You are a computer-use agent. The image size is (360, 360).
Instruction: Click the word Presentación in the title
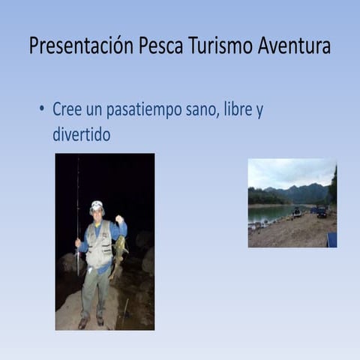[82, 46]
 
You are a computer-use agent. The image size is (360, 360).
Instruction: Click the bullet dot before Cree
[42, 109]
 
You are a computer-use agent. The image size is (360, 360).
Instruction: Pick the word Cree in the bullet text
[67, 109]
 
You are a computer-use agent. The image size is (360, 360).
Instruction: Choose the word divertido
[81, 135]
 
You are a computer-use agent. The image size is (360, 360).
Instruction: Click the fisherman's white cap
[97, 205]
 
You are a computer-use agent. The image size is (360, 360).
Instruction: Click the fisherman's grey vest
[99, 244]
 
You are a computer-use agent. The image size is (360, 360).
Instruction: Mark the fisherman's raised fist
[118, 220]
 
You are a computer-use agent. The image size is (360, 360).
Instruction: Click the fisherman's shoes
[91, 321]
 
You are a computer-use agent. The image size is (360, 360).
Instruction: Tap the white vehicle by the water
[297, 211]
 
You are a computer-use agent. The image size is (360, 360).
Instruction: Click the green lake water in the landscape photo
[266, 213]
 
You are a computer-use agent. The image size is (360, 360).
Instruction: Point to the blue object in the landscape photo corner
[331, 239]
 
